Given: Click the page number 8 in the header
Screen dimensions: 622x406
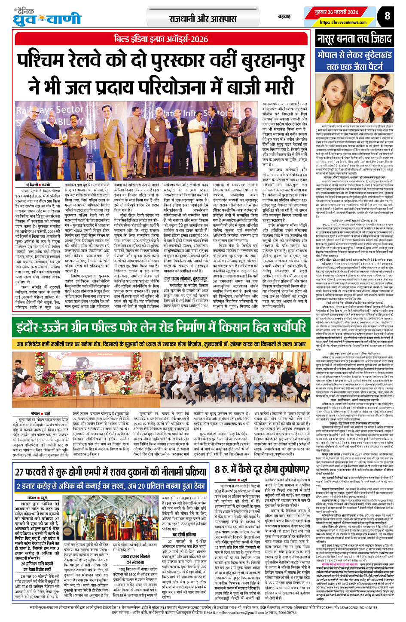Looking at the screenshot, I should (387, 16).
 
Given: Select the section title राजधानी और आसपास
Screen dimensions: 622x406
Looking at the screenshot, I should (202, 18).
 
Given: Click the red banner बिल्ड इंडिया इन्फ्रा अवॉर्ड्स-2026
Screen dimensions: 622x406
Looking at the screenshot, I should (161, 39).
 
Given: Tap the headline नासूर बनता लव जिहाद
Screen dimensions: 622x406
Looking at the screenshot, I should (354, 39).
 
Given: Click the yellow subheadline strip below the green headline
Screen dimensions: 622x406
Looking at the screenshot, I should (161, 344).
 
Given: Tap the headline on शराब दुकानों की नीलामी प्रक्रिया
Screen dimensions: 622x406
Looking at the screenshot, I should (111, 471).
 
